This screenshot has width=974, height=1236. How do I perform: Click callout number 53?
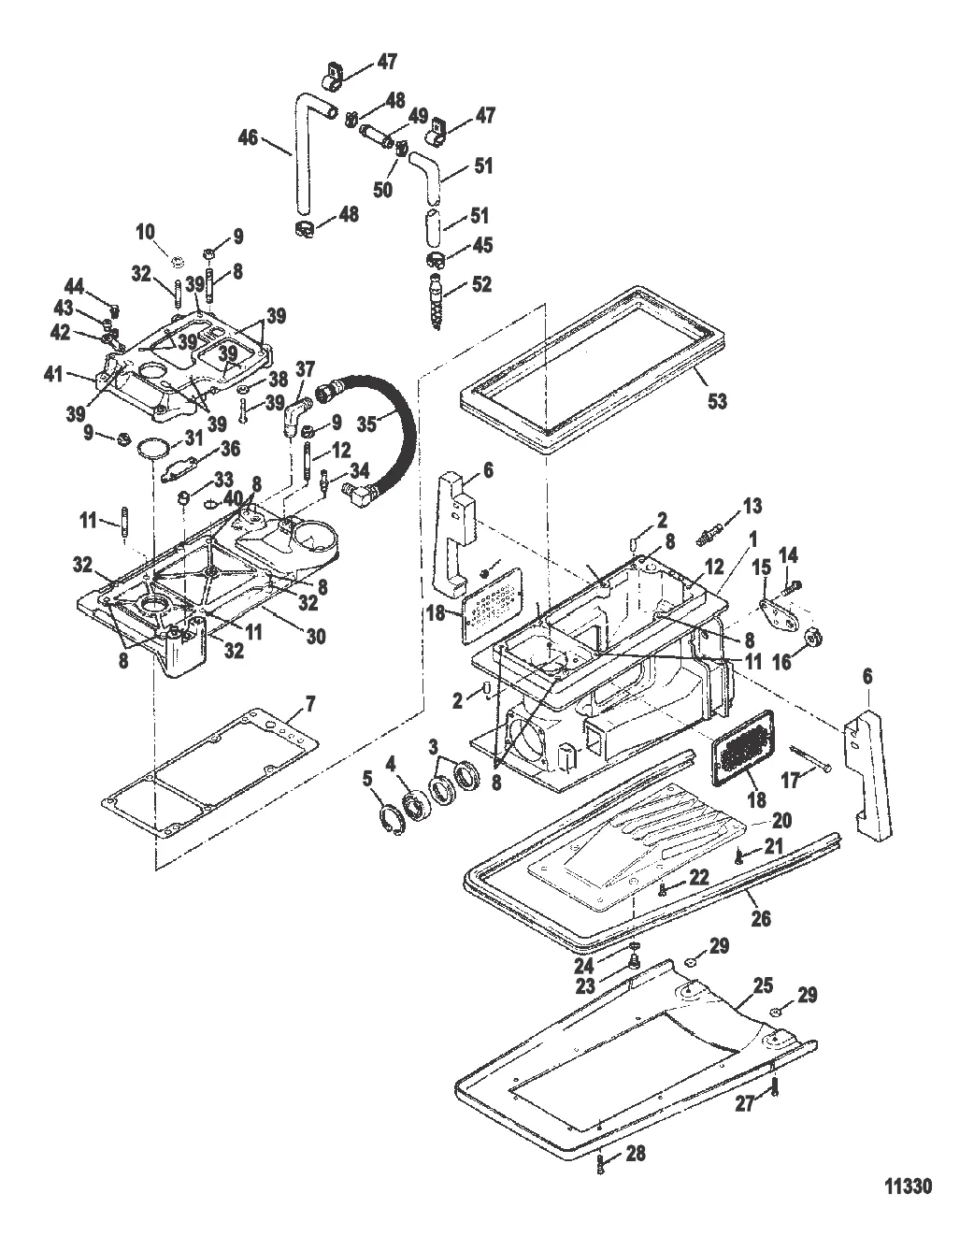717,401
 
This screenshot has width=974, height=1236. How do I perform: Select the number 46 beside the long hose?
247,137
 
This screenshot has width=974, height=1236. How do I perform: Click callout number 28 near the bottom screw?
635,1154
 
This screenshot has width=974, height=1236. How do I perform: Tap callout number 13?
752,506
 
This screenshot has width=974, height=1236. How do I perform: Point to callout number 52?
482,283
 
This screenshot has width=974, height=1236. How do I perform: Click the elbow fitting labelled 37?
296,414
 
